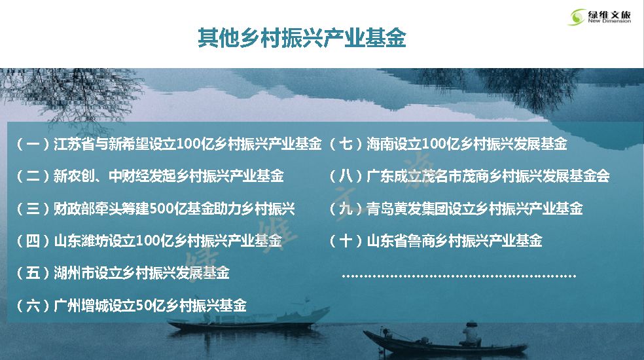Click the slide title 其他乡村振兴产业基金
(302, 38)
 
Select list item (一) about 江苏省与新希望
(169, 144)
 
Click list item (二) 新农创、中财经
(150, 176)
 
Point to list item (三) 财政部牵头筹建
(155, 209)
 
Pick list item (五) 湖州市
(122, 273)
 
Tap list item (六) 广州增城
(131, 305)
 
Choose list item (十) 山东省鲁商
(435, 241)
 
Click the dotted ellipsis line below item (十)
(459, 276)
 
